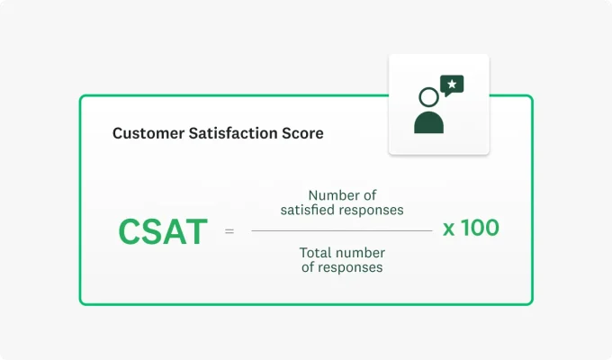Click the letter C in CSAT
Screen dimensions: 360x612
click(x=130, y=231)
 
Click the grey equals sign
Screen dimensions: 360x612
click(x=229, y=231)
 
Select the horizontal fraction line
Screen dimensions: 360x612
click(x=341, y=230)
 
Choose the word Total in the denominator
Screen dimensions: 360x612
click(x=317, y=252)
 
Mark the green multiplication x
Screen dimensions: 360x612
click(x=449, y=229)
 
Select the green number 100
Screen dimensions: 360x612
click(x=480, y=228)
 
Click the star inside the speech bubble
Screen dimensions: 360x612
click(x=453, y=85)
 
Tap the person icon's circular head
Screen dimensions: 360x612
click(x=428, y=96)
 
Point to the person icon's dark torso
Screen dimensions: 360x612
click(x=428, y=122)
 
